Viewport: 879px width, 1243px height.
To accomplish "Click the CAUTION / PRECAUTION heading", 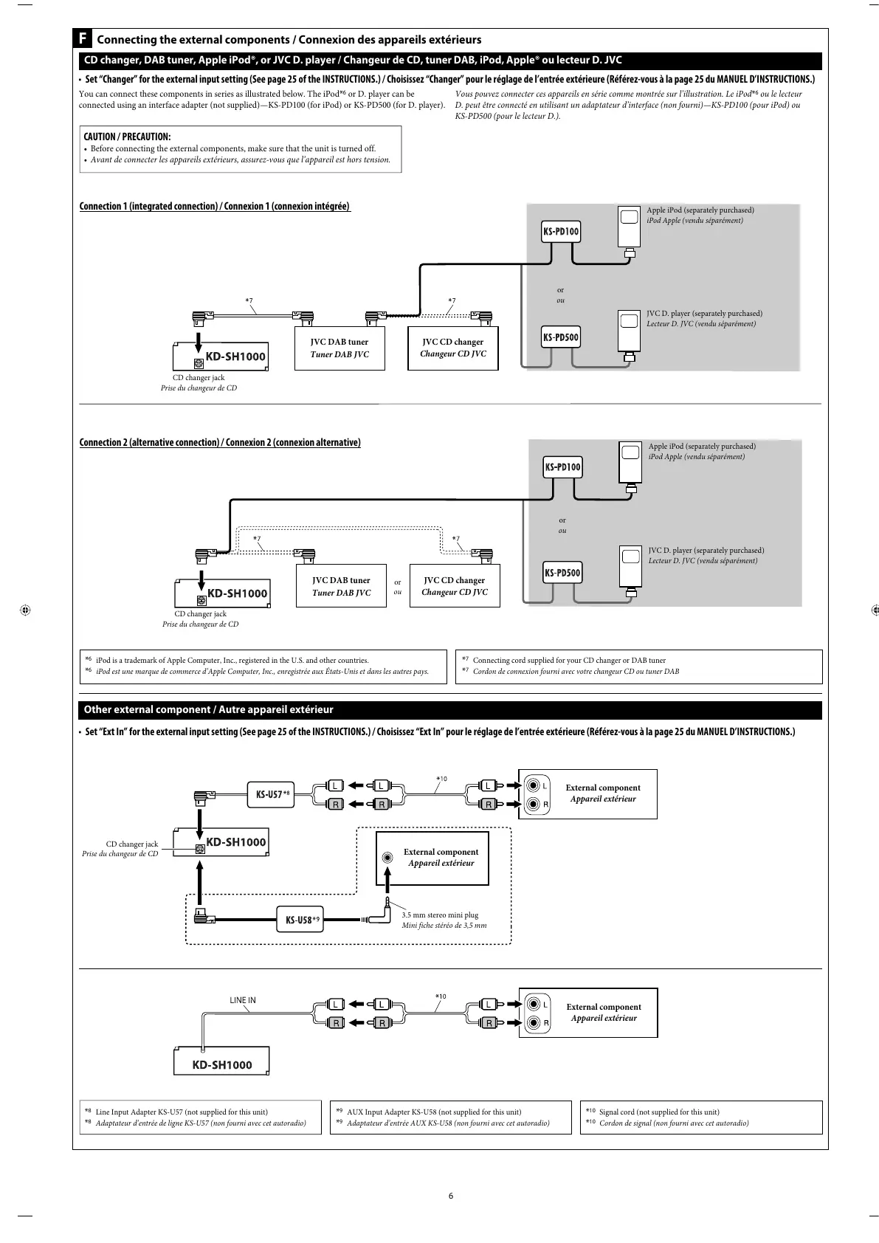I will point(127,137).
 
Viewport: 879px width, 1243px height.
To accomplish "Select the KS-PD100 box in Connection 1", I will point(561,232).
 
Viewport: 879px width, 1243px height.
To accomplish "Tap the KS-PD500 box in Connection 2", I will point(562,573).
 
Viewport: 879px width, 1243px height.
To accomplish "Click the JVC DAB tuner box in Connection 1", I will point(339,348).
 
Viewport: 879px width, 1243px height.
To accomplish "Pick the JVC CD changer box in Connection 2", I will point(455,586).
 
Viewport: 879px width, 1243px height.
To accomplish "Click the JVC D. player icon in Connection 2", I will point(630,566).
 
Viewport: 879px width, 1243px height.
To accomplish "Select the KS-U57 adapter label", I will point(270,795).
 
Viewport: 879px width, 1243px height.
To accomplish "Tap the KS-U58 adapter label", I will point(300,920).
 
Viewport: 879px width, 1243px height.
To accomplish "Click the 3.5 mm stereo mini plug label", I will point(440,915).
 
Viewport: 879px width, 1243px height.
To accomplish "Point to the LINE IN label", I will point(243,1001).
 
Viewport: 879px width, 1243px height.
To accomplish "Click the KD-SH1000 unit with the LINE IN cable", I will point(221,1064).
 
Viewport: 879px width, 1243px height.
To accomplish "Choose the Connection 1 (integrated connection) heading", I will point(215,206).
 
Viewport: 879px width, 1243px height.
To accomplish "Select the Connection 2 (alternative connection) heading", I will point(220,442).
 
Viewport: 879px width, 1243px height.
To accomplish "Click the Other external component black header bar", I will point(450,709).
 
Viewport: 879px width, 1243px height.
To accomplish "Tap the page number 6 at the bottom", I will point(450,1196).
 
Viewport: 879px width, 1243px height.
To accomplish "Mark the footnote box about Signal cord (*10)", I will point(701,1117).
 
